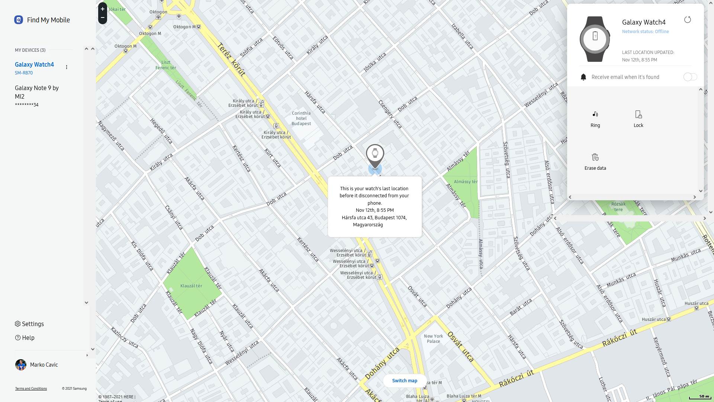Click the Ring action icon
pos(595,114)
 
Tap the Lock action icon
pos(638,114)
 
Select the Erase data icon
pos(595,157)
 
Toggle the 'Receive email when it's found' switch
pos(690,77)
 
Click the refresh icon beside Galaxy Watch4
pos(688,20)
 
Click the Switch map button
pos(405,381)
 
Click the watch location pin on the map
pos(375,154)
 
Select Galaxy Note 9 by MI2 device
pos(36,92)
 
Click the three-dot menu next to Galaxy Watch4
pos(67,67)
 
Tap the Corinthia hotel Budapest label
pos(301,118)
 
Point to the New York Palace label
pos(433,339)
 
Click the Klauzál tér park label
pos(191,286)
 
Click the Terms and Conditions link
pos(31,389)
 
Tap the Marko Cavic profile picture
pos(21,365)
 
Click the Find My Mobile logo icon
pos(19,20)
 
